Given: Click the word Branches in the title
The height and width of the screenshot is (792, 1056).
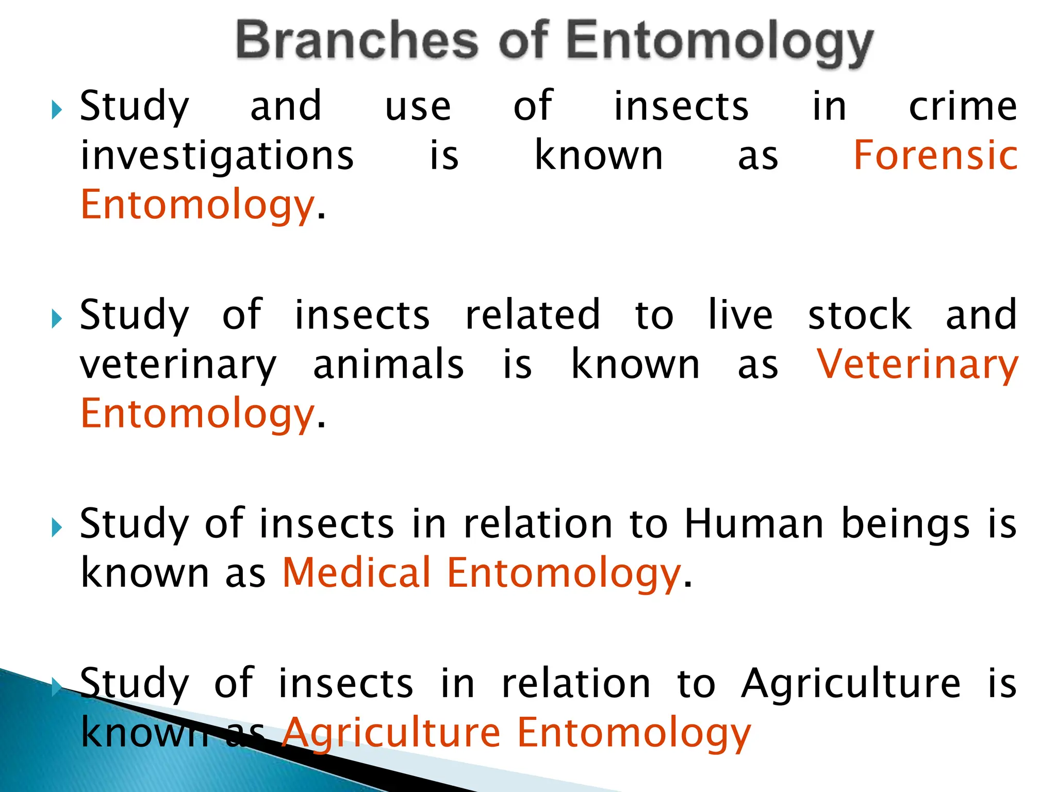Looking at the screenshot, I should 357,41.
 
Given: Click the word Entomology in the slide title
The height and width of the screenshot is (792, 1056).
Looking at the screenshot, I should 720,43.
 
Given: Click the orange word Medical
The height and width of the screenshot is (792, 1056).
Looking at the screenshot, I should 356,573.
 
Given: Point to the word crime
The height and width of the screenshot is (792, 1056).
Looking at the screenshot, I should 963,107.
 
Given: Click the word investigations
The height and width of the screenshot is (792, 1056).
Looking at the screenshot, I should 217,156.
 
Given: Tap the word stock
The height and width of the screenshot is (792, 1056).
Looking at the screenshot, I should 860,315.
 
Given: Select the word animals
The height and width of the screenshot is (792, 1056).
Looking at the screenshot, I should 389,365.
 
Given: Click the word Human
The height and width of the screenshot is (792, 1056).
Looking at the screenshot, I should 754,524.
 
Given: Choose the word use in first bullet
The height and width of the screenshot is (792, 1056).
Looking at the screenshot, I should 418,108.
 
